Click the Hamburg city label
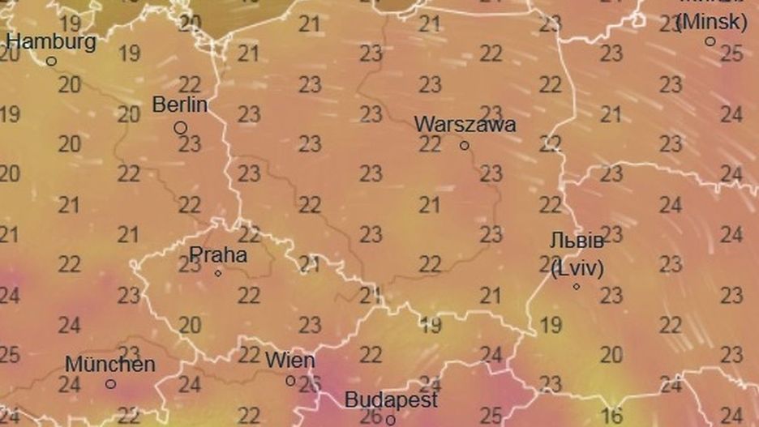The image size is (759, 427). (51, 41)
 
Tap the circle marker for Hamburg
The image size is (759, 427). (51, 61)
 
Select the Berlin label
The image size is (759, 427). (180, 105)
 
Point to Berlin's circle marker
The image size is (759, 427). (180, 128)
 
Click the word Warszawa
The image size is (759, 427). (465, 125)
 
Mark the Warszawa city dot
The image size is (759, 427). (465, 146)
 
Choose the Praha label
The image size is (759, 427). (218, 254)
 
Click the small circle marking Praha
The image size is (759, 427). (218, 273)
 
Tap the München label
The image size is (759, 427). (110, 364)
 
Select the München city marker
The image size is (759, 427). (110, 384)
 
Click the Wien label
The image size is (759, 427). (290, 360)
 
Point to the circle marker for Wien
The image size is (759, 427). (290, 381)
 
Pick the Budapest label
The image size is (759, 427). (391, 399)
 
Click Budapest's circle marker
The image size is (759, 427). (390, 420)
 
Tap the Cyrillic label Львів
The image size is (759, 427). (576, 242)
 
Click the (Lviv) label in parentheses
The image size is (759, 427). (577, 268)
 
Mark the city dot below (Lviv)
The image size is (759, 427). (577, 286)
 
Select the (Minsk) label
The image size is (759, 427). (711, 22)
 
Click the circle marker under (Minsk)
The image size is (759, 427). (710, 41)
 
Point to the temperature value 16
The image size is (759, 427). (611, 416)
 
